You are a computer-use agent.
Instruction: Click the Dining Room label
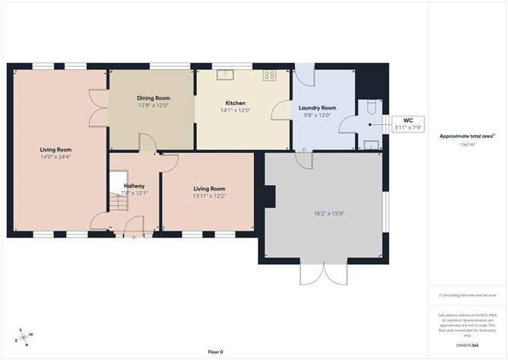[x=153, y=98]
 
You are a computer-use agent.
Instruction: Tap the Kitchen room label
[x=235, y=103]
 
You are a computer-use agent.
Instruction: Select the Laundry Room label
[x=316, y=108]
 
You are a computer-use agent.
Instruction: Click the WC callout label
[x=408, y=120]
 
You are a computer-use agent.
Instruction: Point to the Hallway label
[x=135, y=186]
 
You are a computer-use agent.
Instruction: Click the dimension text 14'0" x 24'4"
[x=56, y=157]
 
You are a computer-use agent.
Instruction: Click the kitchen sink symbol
[x=224, y=75]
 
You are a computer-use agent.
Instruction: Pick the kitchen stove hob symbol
[x=269, y=75]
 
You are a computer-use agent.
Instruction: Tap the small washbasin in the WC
[x=371, y=143]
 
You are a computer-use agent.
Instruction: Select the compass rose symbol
[x=24, y=337]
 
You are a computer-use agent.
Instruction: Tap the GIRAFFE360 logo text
[x=465, y=345]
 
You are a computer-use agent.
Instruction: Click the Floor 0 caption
[x=215, y=352]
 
